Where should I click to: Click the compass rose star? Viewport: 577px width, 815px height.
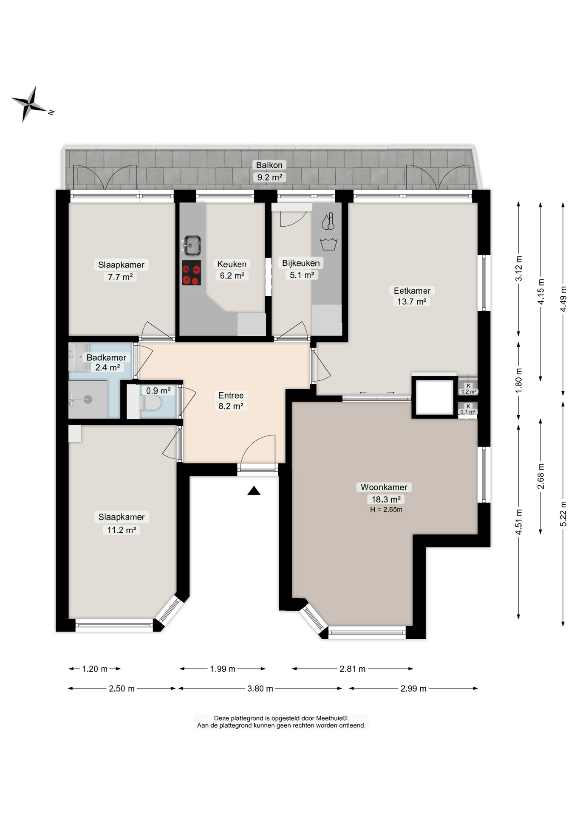tap(29, 104)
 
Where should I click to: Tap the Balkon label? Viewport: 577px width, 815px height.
tap(269, 165)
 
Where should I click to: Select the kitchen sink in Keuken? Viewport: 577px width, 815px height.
tap(192, 245)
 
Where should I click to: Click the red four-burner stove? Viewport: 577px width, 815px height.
tap(191, 273)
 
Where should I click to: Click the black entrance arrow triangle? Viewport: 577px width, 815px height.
tap(254, 491)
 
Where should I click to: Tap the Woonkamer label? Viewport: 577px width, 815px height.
tap(384, 487)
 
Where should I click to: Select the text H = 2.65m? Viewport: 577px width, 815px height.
tap(386, 509)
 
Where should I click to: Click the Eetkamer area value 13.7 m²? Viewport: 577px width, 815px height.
tap(412, 302)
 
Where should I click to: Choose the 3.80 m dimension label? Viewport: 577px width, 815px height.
tap(260, 689)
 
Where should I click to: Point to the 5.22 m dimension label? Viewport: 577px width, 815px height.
tap(563, 514)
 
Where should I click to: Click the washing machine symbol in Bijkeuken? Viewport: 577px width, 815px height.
tap(328, 244)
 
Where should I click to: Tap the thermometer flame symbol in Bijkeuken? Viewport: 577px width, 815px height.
tap(328, 221)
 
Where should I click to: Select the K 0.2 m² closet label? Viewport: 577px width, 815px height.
tap(468, 389)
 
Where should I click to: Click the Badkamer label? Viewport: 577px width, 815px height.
tap(106, 357)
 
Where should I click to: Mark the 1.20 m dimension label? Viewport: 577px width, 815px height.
tap(95, 669)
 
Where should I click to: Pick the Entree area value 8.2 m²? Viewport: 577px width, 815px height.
tap(231, 406)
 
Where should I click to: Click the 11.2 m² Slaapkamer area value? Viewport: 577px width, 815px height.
tap(122, 530)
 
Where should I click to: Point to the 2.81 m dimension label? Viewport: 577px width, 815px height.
tap(352, 669)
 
